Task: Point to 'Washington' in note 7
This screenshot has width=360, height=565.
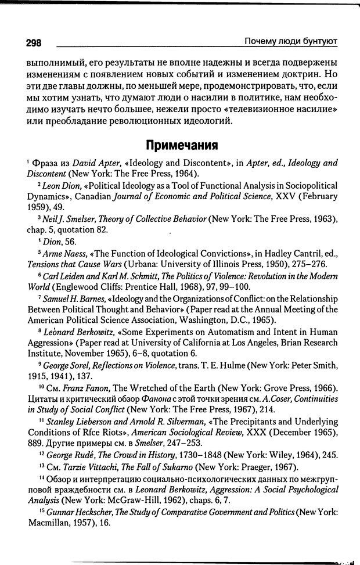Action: pos(197,321)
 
